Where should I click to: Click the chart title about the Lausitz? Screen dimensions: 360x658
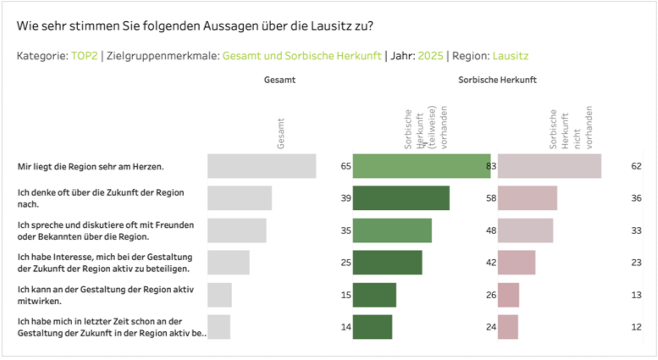click(x=195, y=25)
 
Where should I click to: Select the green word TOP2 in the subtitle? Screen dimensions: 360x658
click(x=83, y=56)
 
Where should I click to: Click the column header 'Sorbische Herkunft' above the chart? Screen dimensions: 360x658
click(x=497, y=80)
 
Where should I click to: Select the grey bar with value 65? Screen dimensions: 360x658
click(x=262, y=166)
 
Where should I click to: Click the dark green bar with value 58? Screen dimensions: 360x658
click(x=401, y=197)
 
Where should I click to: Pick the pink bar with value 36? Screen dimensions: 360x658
click(x=528, y=197)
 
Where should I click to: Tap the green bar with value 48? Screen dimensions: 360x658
click(x=392, y=230)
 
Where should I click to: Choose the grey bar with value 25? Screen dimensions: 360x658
click(x=229, y=263)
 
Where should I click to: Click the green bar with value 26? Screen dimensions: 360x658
click(x=374, y=295)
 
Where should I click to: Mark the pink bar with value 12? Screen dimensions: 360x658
click(x=508, y=327)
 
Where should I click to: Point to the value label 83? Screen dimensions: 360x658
click(x=490, y=166)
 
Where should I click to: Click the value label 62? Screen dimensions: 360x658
click(x=636, y=166)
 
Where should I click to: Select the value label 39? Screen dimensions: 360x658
click(x=346, y=197)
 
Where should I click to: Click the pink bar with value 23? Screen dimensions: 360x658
click(x=517, y=263)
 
